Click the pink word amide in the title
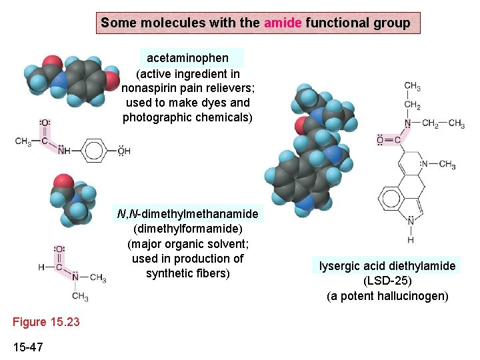tap(283, 23)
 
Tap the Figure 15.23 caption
tap(46, 322)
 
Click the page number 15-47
tap(29, 347)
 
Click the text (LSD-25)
tap(387, 281)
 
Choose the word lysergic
tap(340, 266)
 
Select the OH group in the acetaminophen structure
tap(124, 151)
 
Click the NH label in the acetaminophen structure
tap(64, 151)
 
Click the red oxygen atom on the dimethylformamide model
tap(63, 182)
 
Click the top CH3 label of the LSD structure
tap(413, 87)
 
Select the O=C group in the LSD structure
tap(389, 140)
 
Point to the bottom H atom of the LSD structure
tap(411, 240)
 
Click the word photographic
tap(157, 117)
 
